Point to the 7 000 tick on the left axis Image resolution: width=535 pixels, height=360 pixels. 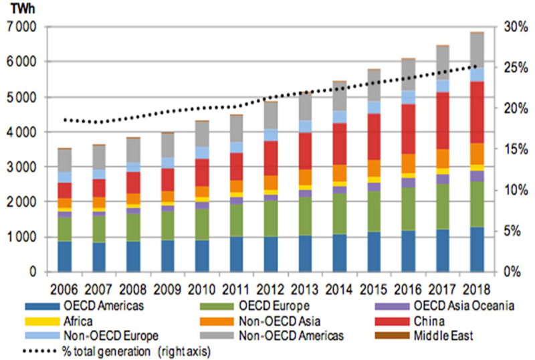[23, 27]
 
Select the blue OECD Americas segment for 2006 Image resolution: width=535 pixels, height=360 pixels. [65, 256]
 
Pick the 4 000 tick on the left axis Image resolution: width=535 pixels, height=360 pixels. [23, 132]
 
